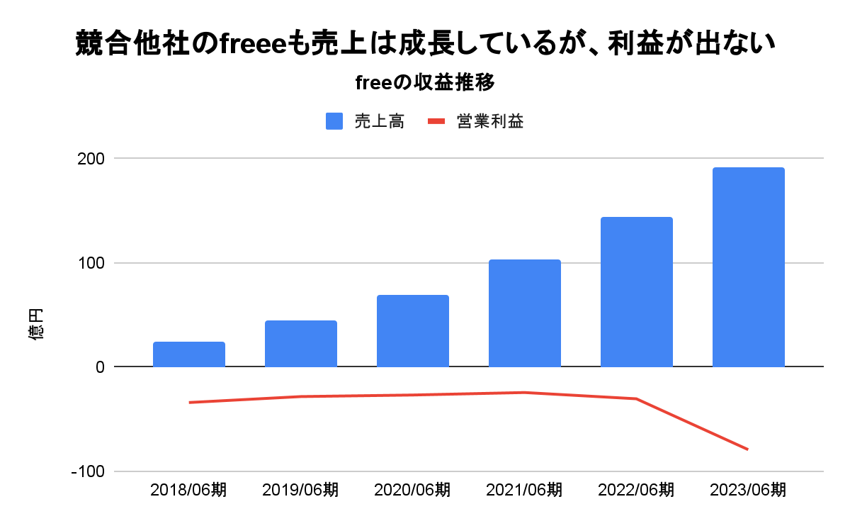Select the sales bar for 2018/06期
[x=189, y=354]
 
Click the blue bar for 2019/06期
[x=301, y=344]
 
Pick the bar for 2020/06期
[x=413, y=331]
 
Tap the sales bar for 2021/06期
[x=525, y=313]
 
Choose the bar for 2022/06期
[x=637, y=292]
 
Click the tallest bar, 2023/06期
[x=749, y=267]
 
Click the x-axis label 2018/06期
[x=189, y=490]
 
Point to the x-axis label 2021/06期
[x=525, y=490]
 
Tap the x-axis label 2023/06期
[x=749, y=490]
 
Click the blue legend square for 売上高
[x=334, y=121]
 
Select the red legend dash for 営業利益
[x=436, y=121]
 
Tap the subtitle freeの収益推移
[x=424, y=83]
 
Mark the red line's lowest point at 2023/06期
[x=748, y=449]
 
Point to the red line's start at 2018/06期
[x=190, y=403]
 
